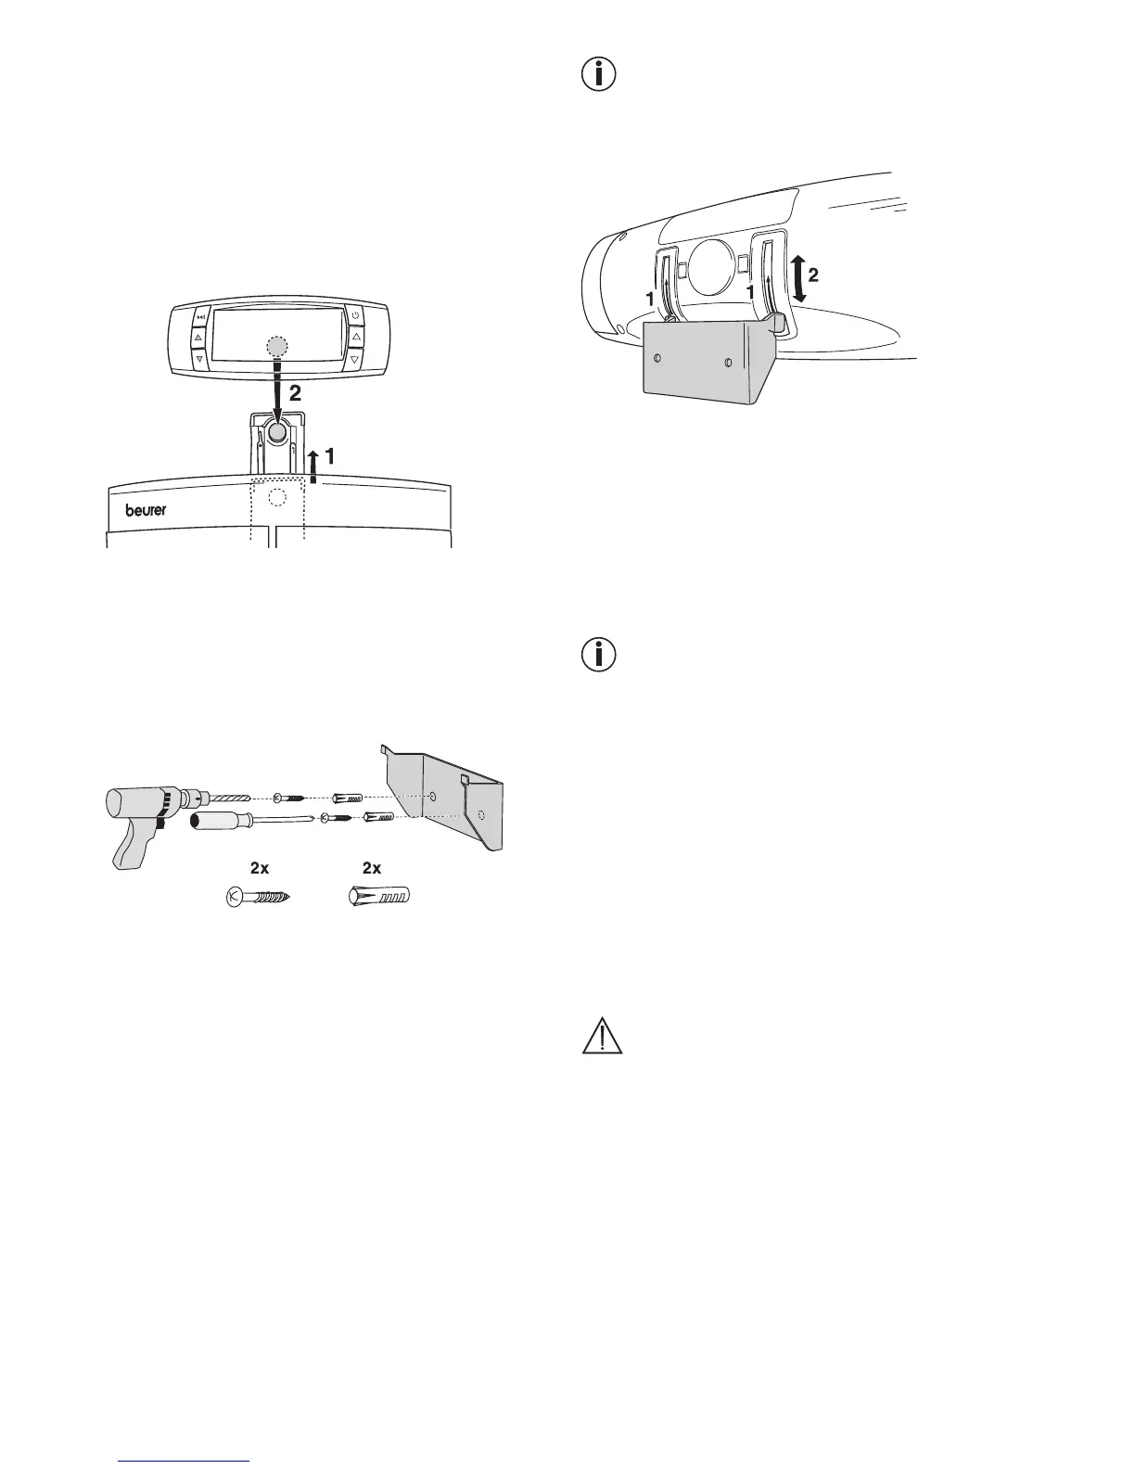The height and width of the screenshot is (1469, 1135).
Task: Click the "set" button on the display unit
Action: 199,316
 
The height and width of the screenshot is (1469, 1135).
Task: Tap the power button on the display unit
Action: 355,316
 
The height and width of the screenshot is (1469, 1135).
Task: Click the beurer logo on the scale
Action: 147,510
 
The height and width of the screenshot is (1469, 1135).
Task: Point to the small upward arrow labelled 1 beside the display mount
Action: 314,465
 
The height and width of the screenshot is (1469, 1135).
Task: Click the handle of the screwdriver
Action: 217,822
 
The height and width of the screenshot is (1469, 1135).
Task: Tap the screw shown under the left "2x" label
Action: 260,898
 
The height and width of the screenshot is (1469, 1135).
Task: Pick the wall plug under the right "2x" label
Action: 378,898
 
